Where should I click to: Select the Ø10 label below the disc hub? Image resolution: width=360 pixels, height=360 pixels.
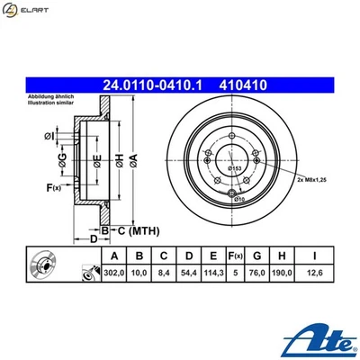(239, 199)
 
